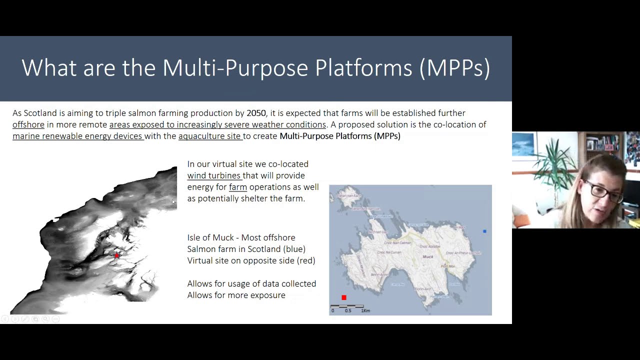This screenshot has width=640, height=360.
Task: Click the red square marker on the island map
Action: click(344, 297)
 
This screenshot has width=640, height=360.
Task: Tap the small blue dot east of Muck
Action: click(484, 231)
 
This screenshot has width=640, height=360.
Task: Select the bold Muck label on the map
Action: click(428, 256)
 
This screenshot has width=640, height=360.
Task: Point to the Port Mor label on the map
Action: click(447, 266)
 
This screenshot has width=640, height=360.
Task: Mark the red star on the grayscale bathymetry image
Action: click(117, 255)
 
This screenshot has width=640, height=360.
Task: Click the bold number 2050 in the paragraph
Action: click(256, 113)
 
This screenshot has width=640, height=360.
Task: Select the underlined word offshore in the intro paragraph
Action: click(28, 124)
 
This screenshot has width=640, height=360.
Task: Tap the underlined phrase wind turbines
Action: click(214, 175)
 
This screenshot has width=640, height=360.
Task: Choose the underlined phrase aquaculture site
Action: click(209, 136)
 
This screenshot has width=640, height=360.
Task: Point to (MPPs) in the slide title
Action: click(454, 68)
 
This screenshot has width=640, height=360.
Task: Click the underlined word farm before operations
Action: click(238, 187)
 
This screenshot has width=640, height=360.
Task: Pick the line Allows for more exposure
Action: click(236, 295)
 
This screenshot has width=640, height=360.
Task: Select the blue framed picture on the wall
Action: click(523, 144)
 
